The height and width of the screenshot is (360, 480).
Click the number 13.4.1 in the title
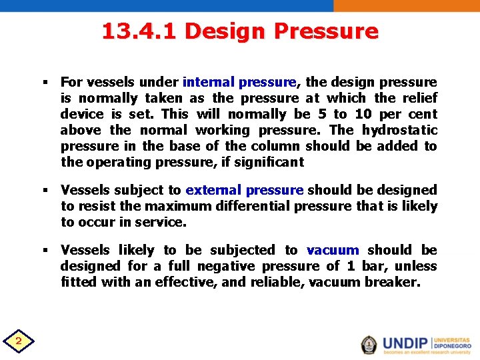click(x=141, y=31)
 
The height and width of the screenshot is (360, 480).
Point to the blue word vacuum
click(x=333, y=250)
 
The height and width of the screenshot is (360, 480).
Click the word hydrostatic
click(x=400, y=130)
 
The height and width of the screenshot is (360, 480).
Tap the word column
click(x=278, y=146)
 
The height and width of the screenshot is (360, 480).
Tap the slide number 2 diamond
click(x=19, y=342)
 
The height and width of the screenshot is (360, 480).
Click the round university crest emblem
click(x=369, y=344)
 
